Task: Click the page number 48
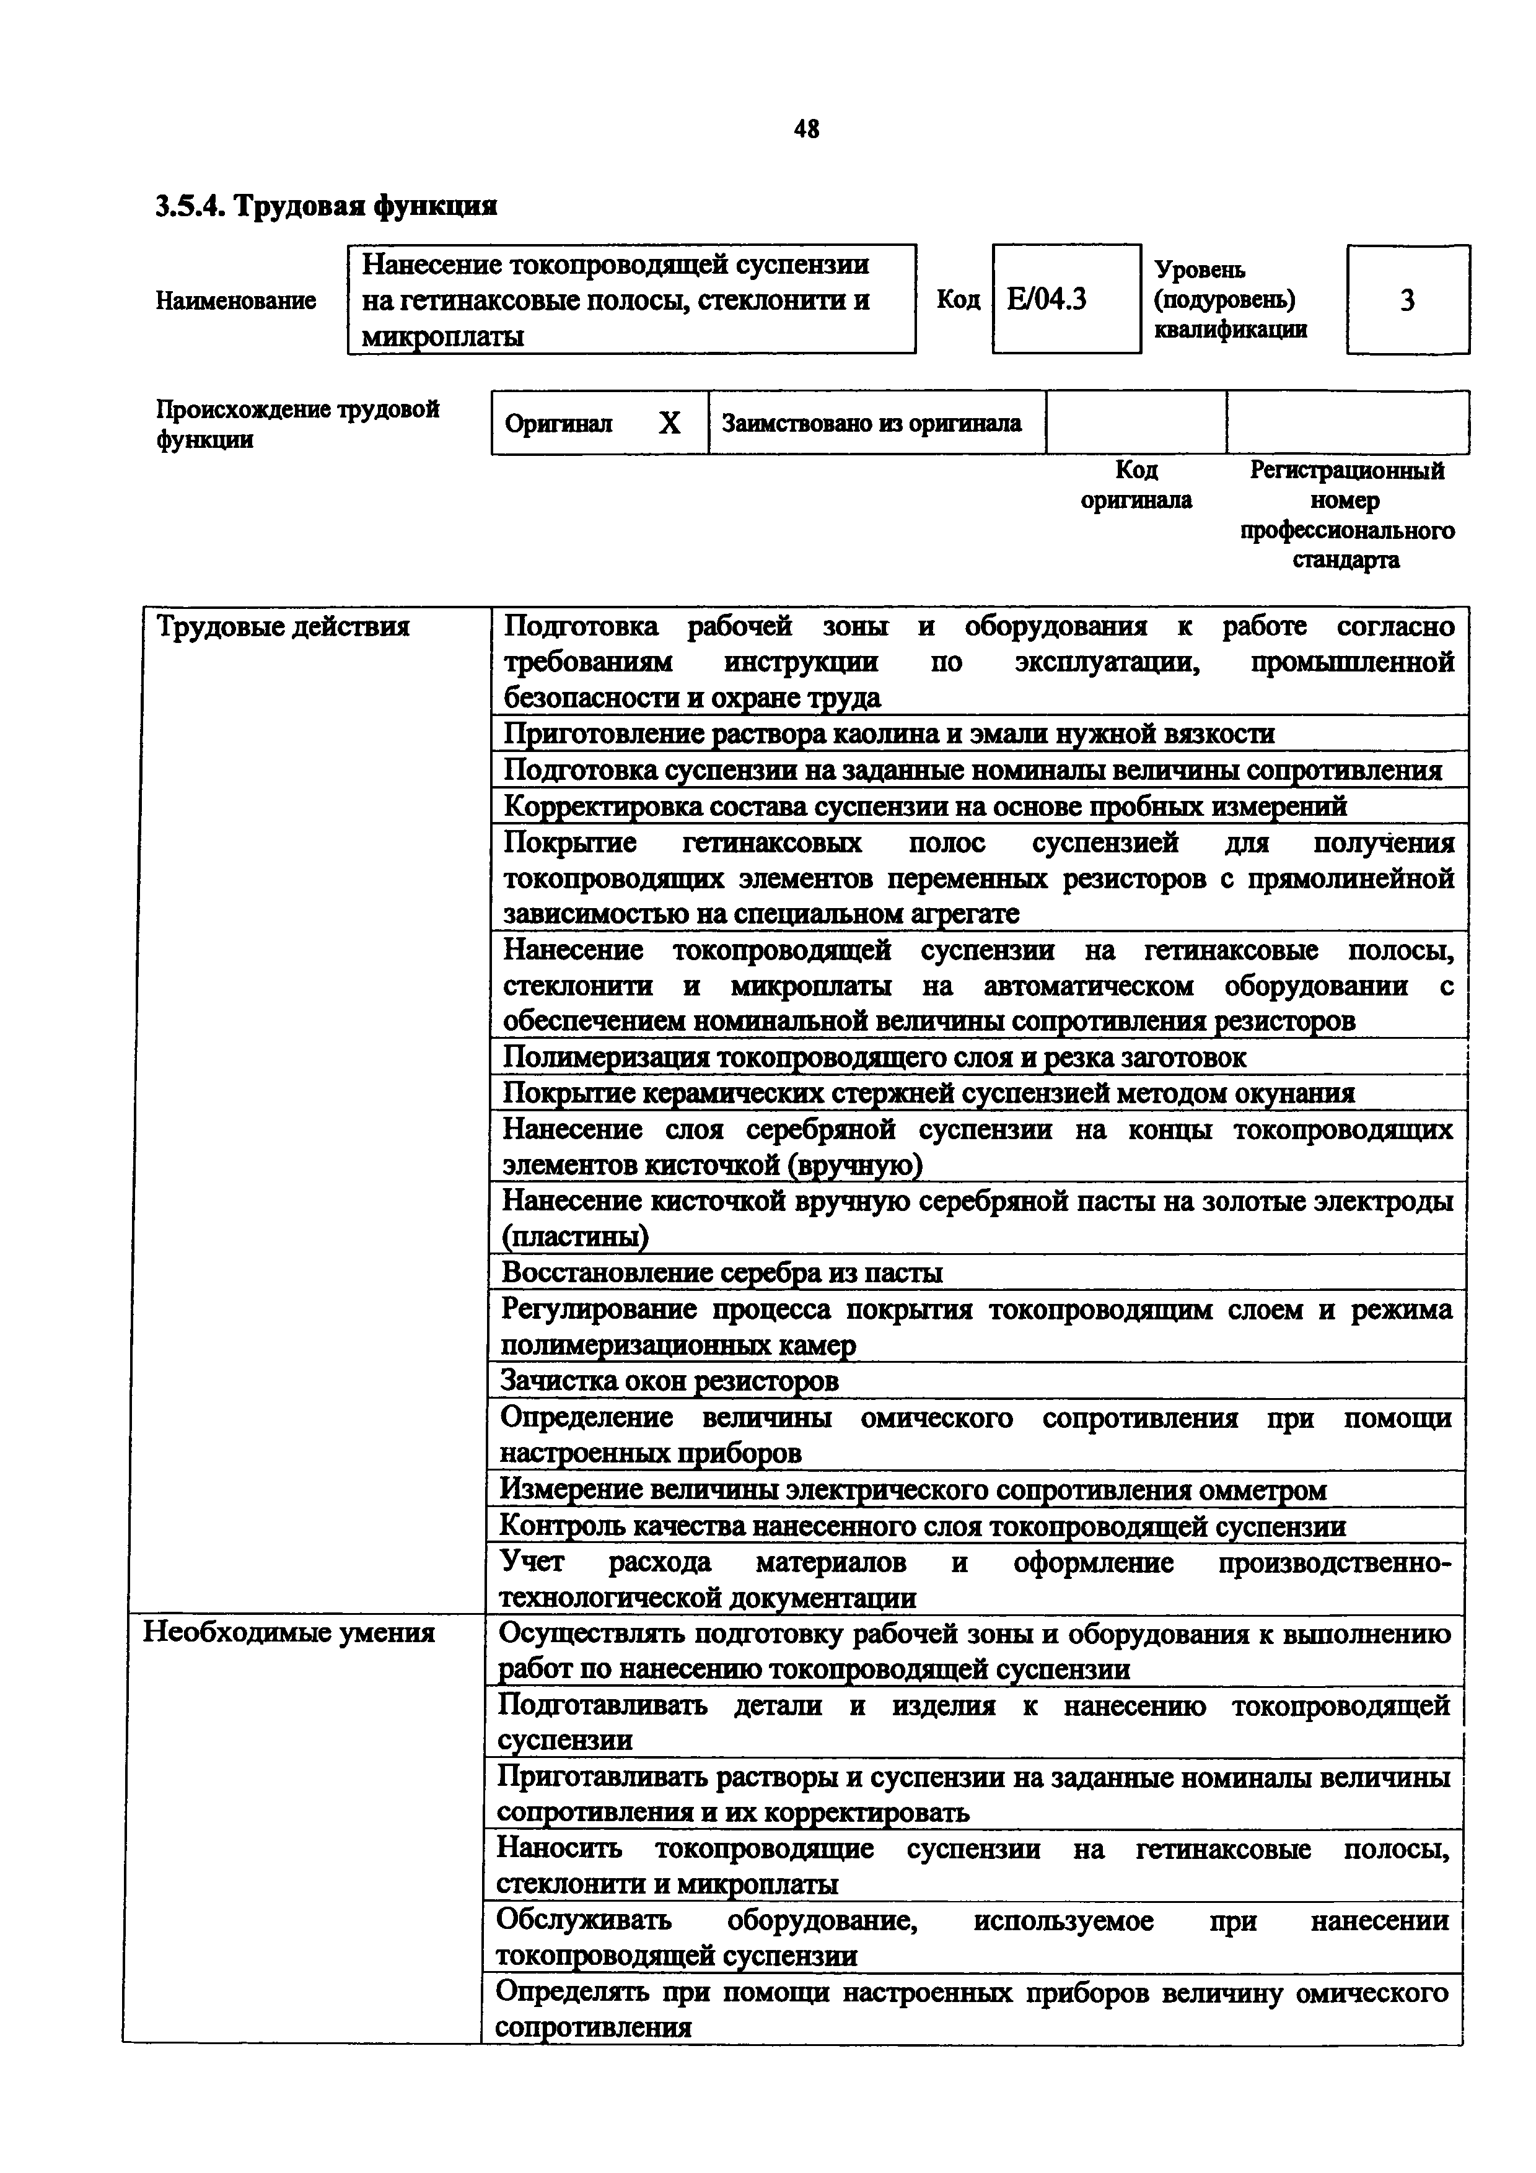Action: click(x=806, y=129)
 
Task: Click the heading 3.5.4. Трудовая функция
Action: click(x=327, y=206)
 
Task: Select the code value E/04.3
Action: click(x=1047, y=299)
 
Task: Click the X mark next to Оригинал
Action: click(x=669, y=423)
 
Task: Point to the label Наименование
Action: click(x=235, y=301)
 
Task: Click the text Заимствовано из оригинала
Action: click(x=872, y=423)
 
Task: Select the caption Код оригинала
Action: click(x=1136, y=484)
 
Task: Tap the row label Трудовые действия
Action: click(x=283, y=626)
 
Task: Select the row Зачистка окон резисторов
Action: click(x=669, y=1381)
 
